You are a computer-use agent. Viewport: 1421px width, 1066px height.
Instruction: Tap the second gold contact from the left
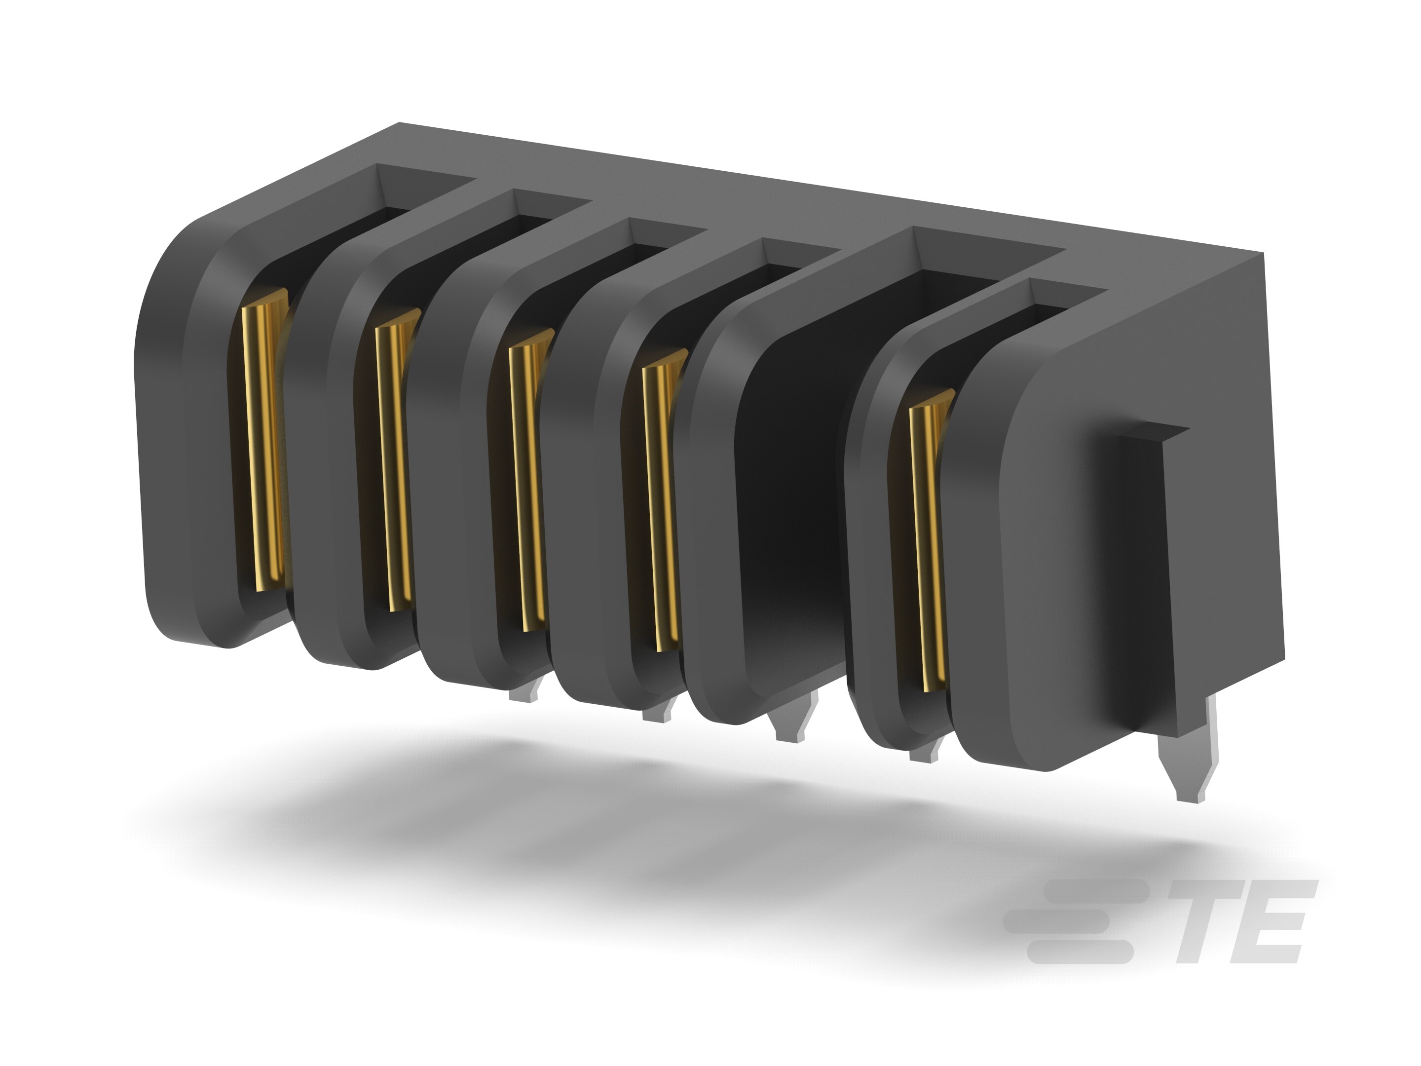395,462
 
